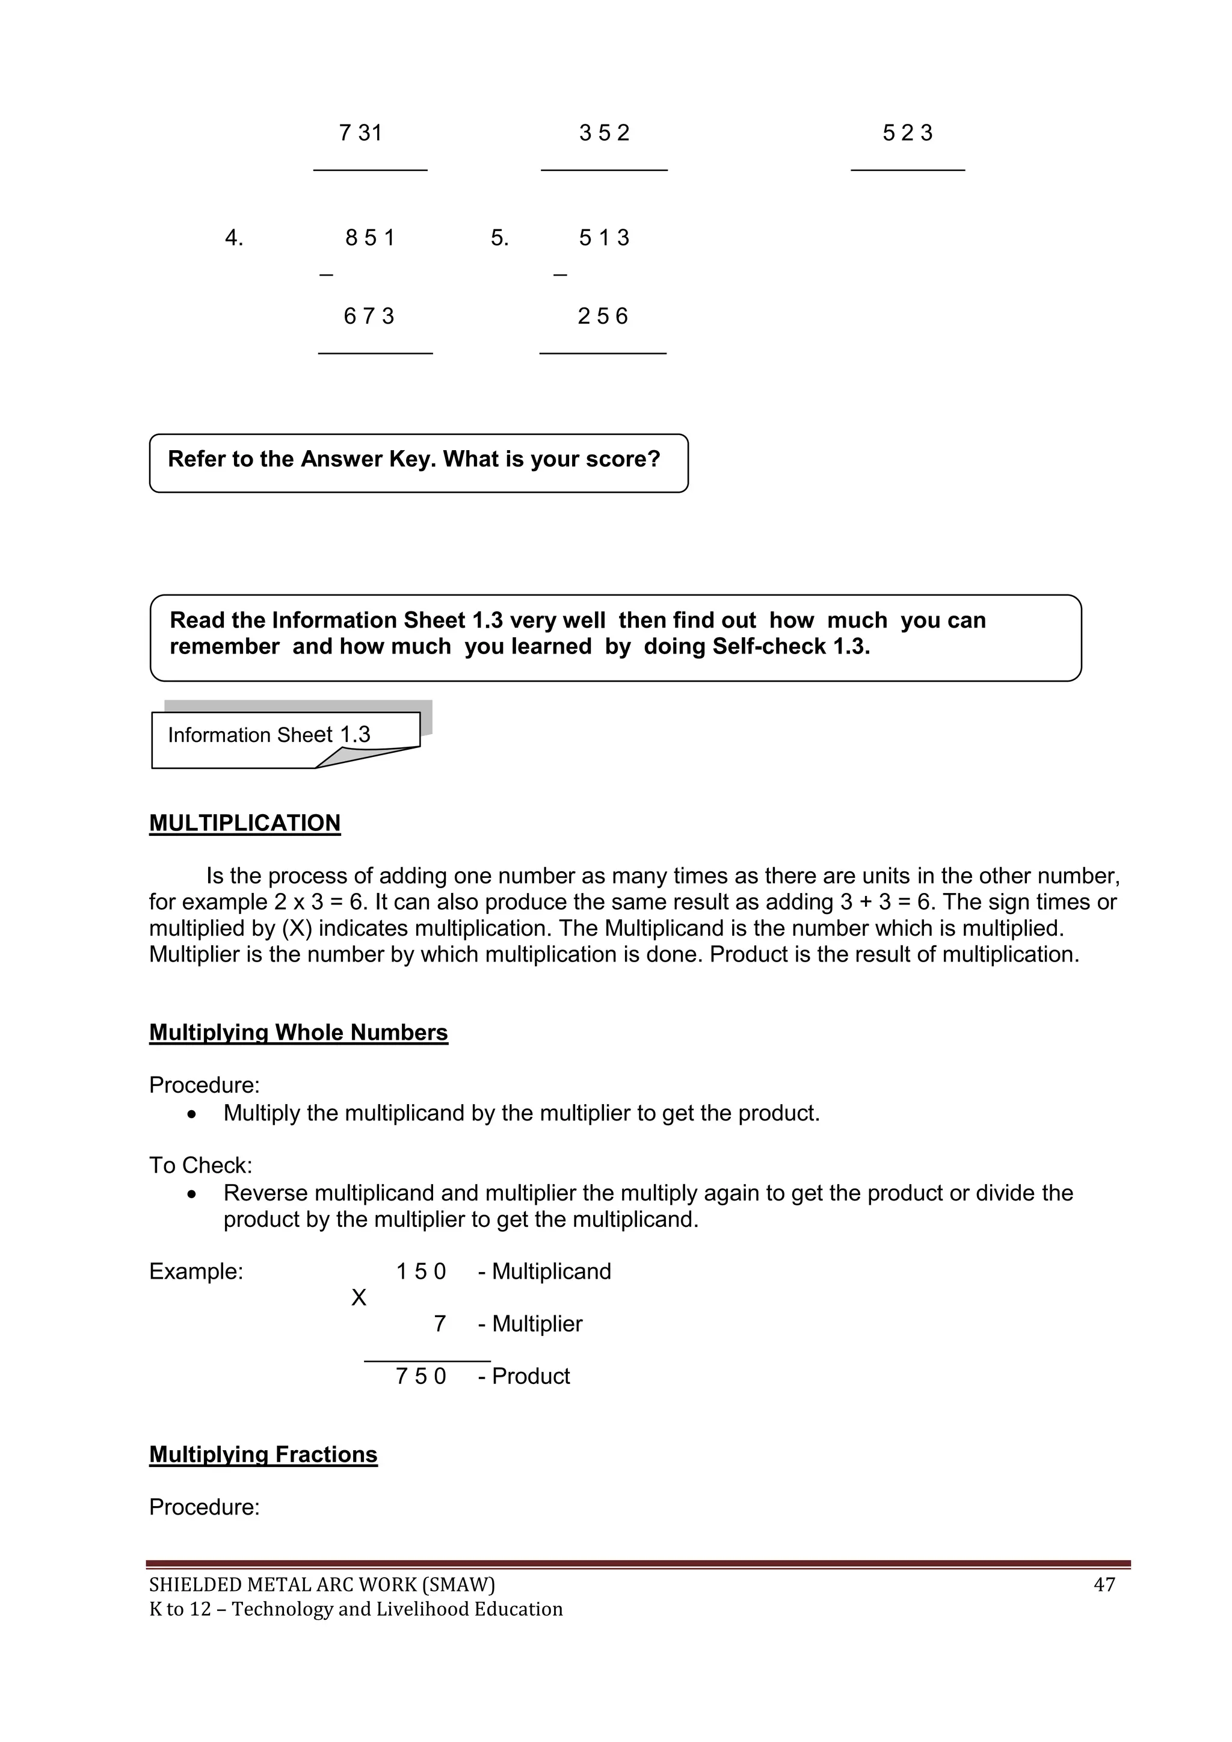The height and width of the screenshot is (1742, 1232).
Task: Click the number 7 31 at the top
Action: [x=360, y=134]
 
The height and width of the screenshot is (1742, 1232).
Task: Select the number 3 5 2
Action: [x=604, y=134]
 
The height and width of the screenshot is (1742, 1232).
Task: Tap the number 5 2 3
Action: [x=907, y=134]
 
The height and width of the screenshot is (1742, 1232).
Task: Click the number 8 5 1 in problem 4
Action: [x=370, y=238]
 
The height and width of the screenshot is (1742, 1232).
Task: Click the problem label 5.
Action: [x=499, y=238]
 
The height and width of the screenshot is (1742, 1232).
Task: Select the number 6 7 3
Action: [x=369, y=317]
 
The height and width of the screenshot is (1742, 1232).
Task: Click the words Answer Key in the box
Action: [x=368, y=459]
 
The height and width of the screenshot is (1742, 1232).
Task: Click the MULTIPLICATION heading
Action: [x=244, y=823]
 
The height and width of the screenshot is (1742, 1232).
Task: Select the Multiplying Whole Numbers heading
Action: [x=298, y=1033]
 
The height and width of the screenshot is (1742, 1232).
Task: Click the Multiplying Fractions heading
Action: [x=263, y=1454]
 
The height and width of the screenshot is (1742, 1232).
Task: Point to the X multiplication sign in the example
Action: [x=359, y=1298]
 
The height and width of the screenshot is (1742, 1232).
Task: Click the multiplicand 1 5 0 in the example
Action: [x=421, y=1271]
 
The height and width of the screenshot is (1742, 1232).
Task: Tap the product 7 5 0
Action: [x=421, y=1376]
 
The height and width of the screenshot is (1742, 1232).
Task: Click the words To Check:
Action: [x=200, y=1166]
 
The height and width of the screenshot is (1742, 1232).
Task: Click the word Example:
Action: [x=196, y=1271]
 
